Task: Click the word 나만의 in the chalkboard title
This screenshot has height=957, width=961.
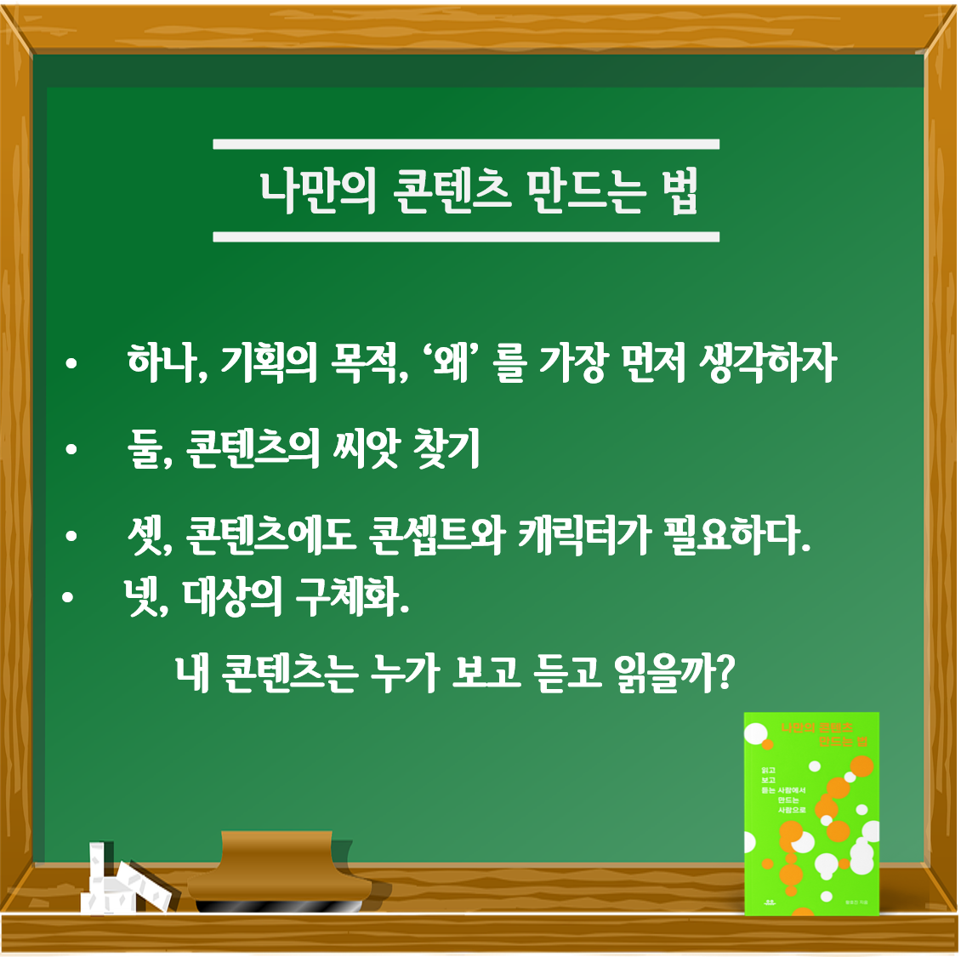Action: [x=317, y=191]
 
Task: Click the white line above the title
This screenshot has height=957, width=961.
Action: [x=466, y=145]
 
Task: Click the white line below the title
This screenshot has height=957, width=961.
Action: [x=466, y=236]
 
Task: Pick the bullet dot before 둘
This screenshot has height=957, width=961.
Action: [x=71, y=449]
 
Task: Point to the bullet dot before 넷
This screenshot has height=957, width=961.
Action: [x=69, y=599]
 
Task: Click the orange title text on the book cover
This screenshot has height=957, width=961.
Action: [x=822, y=734]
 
